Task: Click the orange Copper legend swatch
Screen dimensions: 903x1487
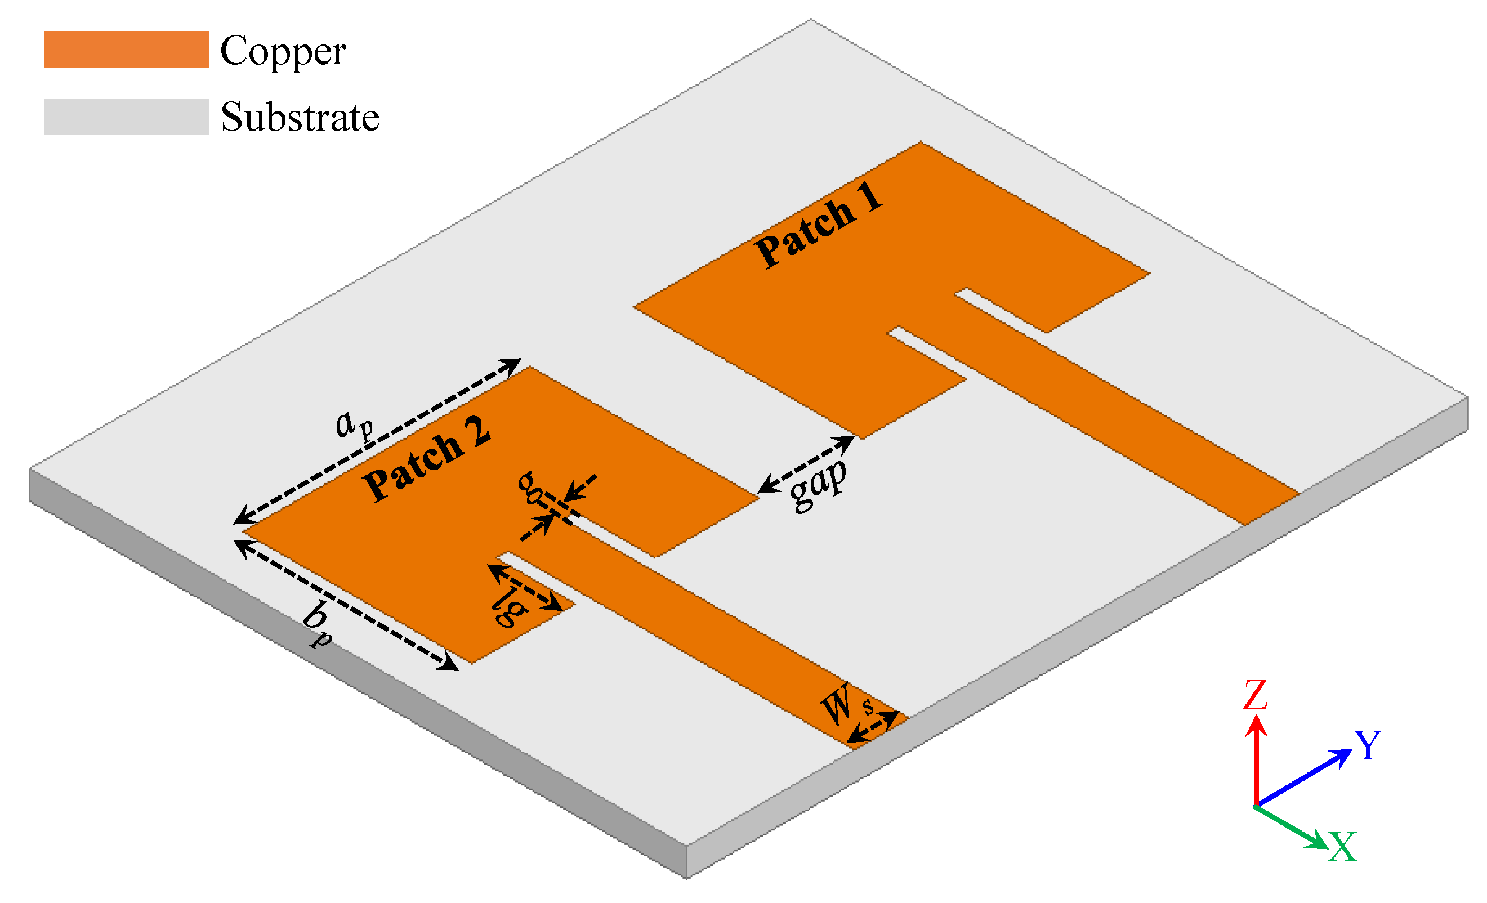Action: tap(126, 49)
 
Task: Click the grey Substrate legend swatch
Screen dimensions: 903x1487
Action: tap(126, 117)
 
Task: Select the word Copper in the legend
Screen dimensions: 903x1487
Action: tap(283, 51)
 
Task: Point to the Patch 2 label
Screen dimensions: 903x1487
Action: tap(427, 458)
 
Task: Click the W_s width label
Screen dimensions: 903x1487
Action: tap(845, 704)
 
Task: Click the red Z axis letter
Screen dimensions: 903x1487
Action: tap(1254, 695)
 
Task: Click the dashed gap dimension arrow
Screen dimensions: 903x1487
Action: tap(806, 463)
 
